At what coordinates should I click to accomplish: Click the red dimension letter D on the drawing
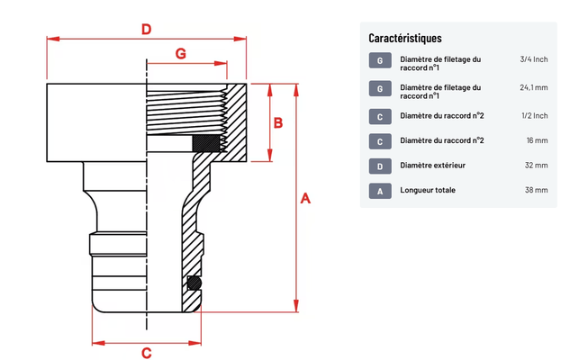(146, 29)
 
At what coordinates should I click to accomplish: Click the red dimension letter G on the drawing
(180, 54)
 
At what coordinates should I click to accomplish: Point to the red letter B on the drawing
(278, 122)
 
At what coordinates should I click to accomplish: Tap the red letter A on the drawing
(305, 199)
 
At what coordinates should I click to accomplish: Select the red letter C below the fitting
(146, 353)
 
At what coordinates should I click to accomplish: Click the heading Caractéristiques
(405, 38)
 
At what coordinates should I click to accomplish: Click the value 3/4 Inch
(533, 59)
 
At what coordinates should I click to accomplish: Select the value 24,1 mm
(533, 88)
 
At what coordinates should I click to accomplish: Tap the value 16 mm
(537, 140)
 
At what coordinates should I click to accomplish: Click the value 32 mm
(537, 166)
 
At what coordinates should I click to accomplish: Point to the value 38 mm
(537, 191)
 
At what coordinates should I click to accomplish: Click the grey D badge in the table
(381, 166)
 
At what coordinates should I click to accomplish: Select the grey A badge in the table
(381, 191)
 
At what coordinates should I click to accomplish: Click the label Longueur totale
(428, 191)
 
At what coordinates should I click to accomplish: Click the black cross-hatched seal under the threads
(206, 142)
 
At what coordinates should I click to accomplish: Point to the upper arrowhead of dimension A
(296, 88)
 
